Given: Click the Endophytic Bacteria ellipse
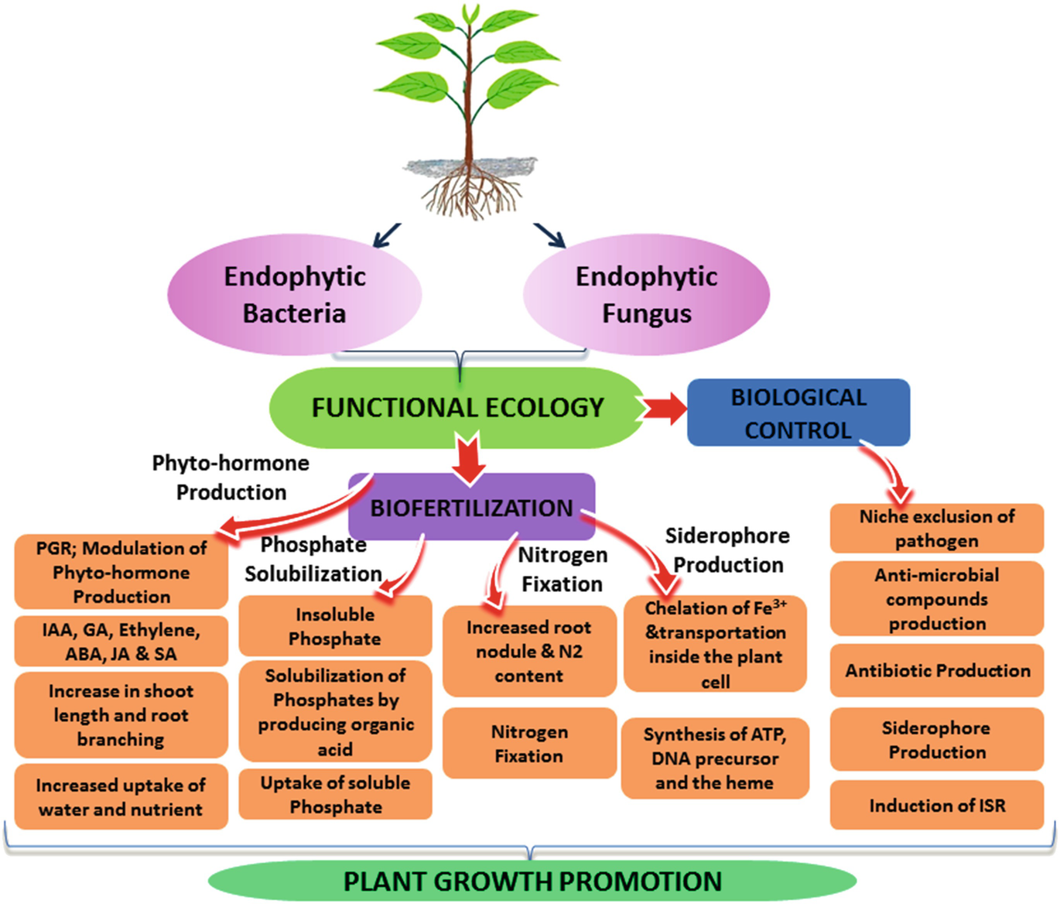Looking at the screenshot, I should click(294, 295).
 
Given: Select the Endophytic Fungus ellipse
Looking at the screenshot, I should click(646, 295).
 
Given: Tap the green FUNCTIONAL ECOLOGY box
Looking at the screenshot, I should click(457, 408).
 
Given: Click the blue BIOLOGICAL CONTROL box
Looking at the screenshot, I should click(798, 413).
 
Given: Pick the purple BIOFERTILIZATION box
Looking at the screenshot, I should click(471, 508).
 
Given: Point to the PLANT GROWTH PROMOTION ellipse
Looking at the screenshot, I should click(532, 881).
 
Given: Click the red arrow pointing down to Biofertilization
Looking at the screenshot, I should click(470, 461).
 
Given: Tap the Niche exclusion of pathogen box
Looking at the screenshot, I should click(936, 529).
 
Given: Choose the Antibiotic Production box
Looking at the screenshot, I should click(936, 670).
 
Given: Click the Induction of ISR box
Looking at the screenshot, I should click(936, 806).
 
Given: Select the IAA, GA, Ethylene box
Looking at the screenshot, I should click(121, 642).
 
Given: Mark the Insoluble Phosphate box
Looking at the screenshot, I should click(335, 626).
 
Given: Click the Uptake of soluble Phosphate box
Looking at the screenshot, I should click(335, 794).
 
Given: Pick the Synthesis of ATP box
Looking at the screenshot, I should click(714, 758).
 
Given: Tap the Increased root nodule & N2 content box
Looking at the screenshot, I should click(529, 651).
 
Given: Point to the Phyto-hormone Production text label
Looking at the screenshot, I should click(231, 478).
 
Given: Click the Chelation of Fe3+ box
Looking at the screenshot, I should click(715, 645).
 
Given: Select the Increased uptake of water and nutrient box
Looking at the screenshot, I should click(121, 797).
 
